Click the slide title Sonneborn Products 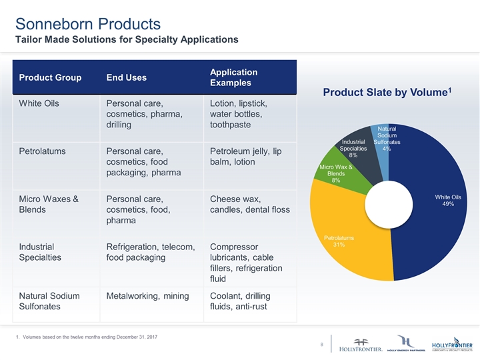pyautogui.click(x=87, y=24)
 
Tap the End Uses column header pyautogui.click(x=127, y=78)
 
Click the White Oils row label pyautogui.click(x=37, y=104)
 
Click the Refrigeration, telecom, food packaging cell pyautogui.click(x=151, y=251)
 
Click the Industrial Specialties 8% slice pyautogui.click(x=357, y=148)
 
